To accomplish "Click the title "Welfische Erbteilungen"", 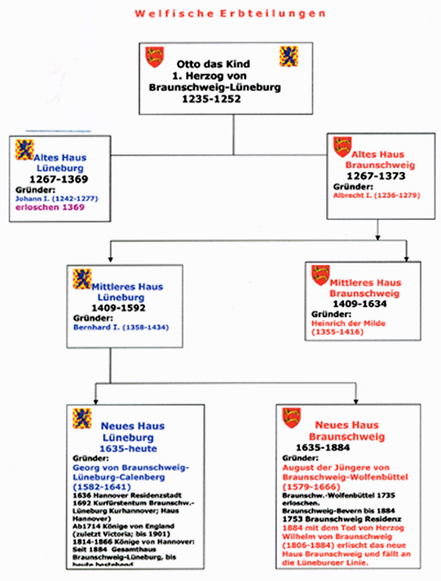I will click(x=220, y=14).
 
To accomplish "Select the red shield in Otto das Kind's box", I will click(x=154, y=57).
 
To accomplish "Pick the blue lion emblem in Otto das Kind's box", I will click(x=287, y=55).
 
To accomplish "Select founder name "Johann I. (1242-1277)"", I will click(x=57, y=198).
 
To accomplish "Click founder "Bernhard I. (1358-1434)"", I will click(x=121, y=326).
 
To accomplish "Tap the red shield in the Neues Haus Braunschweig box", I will click(x=292, y=417).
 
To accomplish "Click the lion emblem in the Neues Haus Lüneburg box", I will click(x=82, y=418).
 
